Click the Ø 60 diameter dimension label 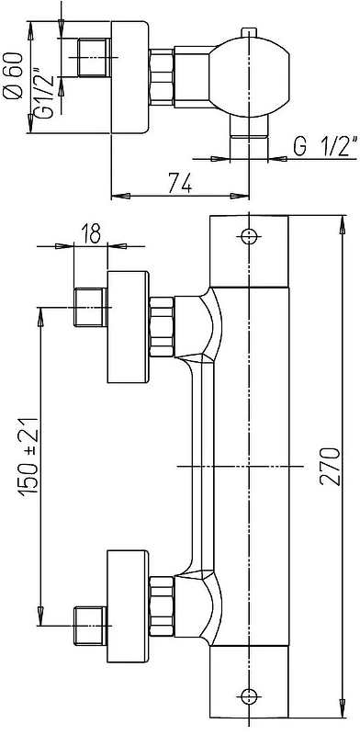[15, 76]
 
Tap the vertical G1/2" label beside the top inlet [46, 92]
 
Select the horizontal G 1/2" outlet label [326, 146]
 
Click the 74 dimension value [179, 183]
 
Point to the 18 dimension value [91, 234]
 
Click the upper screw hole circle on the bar [249, 235]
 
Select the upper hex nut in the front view [162, 327]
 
